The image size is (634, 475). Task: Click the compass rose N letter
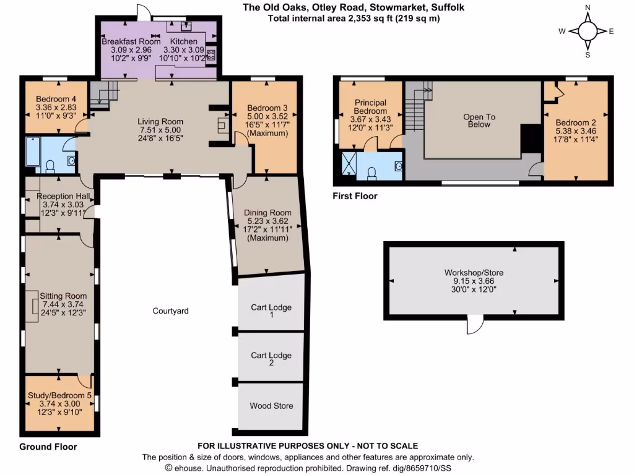tap(588, 7)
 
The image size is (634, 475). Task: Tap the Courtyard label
tap(170, 310)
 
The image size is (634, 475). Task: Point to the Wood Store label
tap(271, 406)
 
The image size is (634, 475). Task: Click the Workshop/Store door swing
tap(475, 323)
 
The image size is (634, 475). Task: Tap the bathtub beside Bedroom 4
tap(33, 152)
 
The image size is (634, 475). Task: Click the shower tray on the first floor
tap(350, 165)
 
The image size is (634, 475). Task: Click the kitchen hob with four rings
tap(211, 53)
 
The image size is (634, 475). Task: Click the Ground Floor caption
tap(48, 447)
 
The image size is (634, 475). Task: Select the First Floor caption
tap(355, 196)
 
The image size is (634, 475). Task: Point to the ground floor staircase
tap(102, 96)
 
